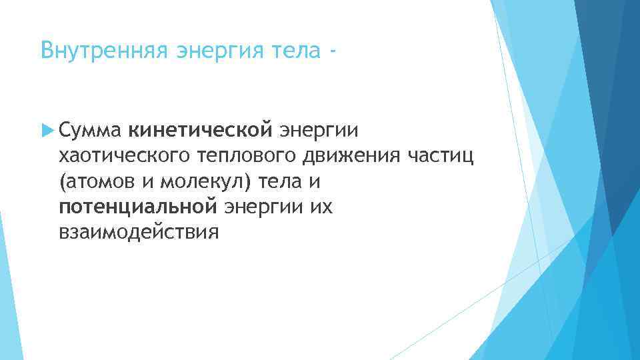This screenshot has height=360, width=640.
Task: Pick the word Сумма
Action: [x=89, y=129]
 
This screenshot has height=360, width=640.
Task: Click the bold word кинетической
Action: [x=201, y=129]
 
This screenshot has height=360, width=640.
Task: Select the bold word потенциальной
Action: [x=138, y=207]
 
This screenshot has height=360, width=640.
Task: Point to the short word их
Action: [x=324, y=207]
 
